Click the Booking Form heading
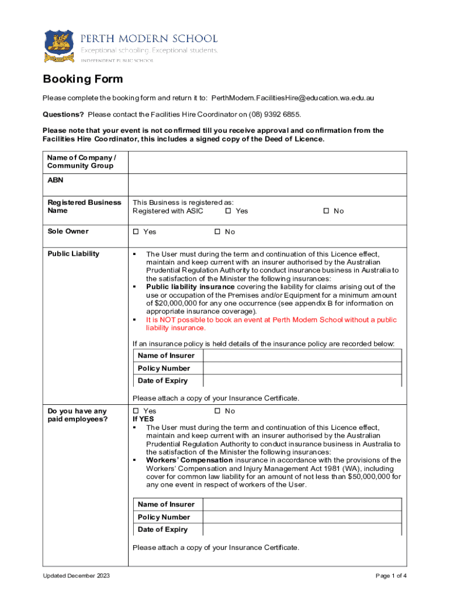click(x=82, y=79)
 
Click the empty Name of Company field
click(x=267, y=162)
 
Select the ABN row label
click(x=56, y=180)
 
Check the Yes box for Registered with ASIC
click(x=229, y=211)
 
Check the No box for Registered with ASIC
click(x=326, y=211)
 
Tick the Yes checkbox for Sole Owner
click(x=136, y=232)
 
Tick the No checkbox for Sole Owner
click(x=217, y=232)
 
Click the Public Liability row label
click(x=74, y=254)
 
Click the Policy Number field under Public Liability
click(x=302, y=369)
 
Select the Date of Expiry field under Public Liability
click(x=302, y=381)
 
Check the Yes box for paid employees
click(x=136, y=411)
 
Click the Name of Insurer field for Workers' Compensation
click(x=302, y=504)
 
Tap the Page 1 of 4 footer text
click(x=391, y=576)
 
